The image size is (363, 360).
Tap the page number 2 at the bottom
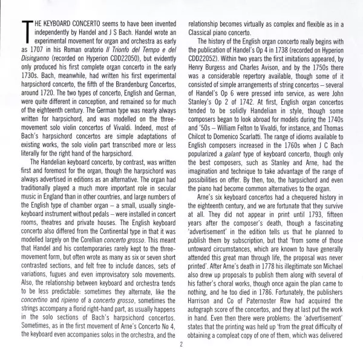coord(181,345)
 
